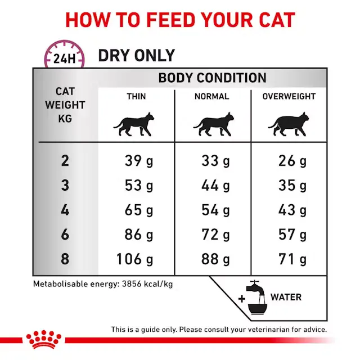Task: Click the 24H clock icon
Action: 64,57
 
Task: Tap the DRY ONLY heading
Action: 136,56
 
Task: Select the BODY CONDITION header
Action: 212,78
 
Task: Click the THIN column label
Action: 136,96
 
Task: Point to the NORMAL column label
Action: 212,96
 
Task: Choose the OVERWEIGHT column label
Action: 289,96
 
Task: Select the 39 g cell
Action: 138,161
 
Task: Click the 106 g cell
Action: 134,259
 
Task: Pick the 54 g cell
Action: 215,210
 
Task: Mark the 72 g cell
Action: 215,235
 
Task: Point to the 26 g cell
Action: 292,161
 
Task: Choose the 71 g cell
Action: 292,259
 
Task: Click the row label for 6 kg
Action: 65,235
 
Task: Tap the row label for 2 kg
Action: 65,161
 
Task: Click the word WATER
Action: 286,297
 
